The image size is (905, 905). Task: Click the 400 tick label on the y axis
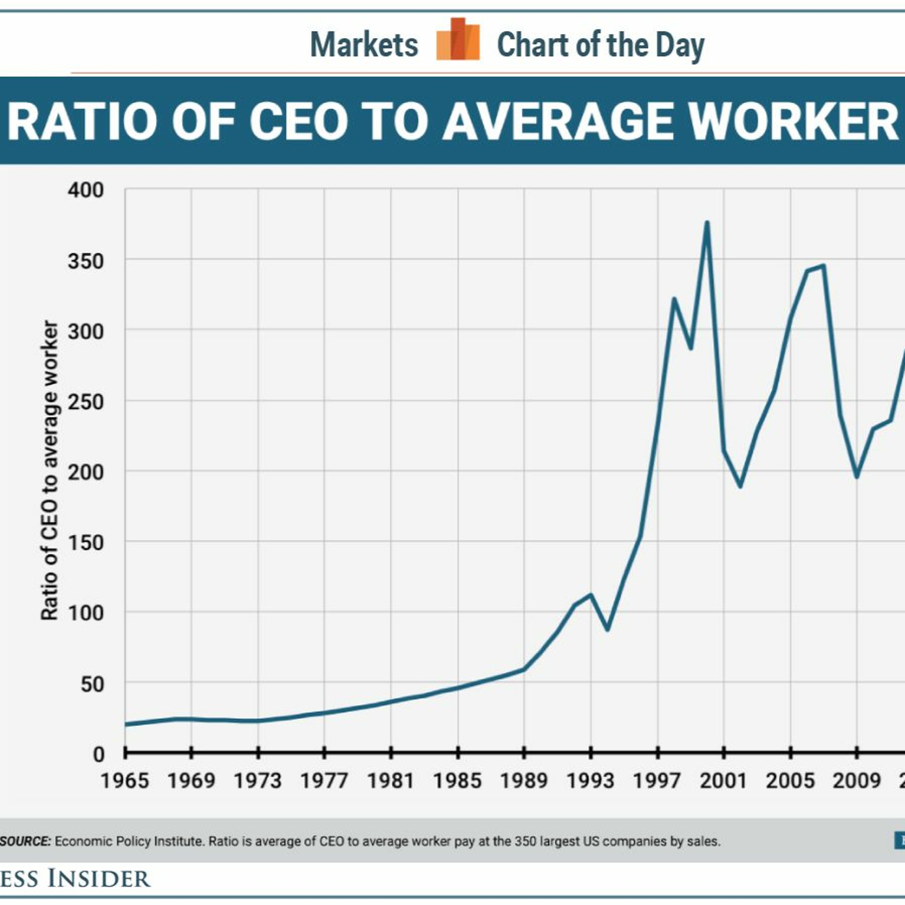pos(85,190)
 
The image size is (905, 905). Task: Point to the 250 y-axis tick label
pos(85,402)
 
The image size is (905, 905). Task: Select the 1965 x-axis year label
pos(125,781)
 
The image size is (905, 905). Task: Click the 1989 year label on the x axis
pos(524,781)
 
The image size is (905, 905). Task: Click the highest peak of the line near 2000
pos(707,223)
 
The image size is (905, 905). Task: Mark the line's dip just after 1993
pos(608,629)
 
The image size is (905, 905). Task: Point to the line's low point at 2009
pos(857,476)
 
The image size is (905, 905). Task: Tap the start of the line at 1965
pos(125,724)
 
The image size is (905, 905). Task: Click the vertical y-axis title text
pos(50,471)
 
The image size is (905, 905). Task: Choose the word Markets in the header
pos(364,46)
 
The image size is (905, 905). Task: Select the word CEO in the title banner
pos(299,121)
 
